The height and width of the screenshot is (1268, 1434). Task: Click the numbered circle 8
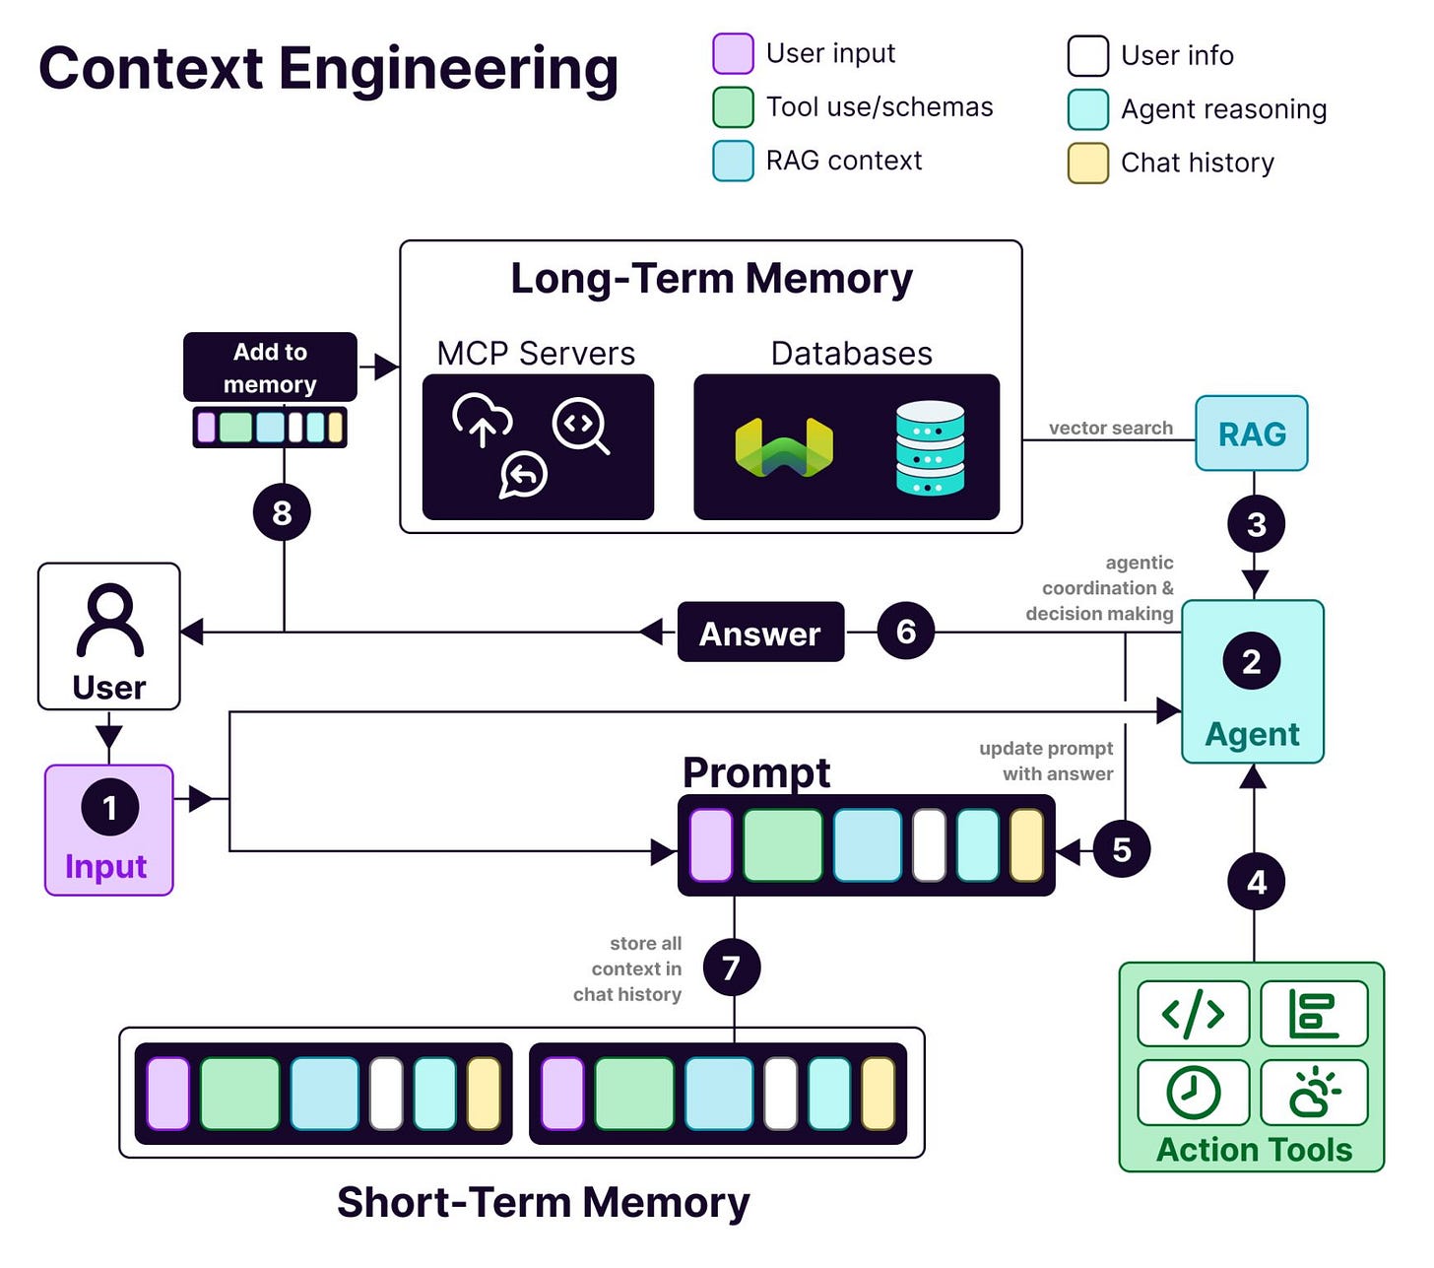coord(282,512)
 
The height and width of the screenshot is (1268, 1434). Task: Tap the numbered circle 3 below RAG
coord(1256,524)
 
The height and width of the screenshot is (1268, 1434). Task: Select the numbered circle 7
coord(732,968)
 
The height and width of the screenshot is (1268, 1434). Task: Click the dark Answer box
coord(760,633)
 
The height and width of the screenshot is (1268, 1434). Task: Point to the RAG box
coord(1252,434)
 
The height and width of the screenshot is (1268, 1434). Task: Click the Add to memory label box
coord(270,367)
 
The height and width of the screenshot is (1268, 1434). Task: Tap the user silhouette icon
coord(109,620)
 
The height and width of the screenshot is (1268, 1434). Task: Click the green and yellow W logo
coord(784,447)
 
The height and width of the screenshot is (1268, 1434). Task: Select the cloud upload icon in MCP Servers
coord(482,419)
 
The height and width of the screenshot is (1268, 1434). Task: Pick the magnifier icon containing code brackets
coord(581,426)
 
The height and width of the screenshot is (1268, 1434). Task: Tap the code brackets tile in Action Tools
coord(1193,1013)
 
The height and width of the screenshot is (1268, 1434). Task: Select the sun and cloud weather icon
coord(1315,1092)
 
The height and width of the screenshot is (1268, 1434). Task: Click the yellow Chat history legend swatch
coord(1088,163)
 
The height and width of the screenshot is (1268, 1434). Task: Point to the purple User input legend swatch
coord(733,53)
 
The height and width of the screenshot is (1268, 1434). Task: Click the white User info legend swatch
coord(1088,55)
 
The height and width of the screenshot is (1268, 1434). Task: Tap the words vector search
coord(1111,428)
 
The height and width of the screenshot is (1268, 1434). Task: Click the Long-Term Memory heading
coord(711,278)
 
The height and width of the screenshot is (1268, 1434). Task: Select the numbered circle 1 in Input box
coord(109,807)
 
